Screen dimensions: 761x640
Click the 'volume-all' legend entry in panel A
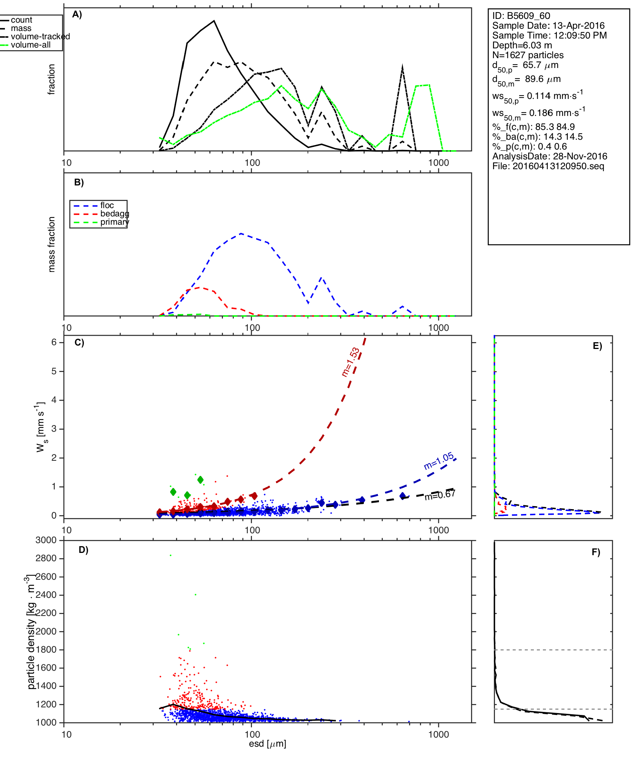(30, 45)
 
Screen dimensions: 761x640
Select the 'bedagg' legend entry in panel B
(114, 214)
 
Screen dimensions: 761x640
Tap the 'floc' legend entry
(107, 205)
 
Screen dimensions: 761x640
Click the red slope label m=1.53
(350, 362)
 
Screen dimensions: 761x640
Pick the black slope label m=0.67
(440, 495)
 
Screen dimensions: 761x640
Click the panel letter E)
(597, 346)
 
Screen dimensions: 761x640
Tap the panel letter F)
(596, 552)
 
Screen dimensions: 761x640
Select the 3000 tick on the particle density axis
(46, 540)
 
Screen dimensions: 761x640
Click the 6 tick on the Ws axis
(54, 342)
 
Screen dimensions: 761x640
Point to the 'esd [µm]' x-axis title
(267, 744)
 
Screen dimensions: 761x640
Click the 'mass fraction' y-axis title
(52, 244)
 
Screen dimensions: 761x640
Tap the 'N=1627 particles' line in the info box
(528, 55)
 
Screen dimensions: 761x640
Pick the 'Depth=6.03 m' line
(522, 45)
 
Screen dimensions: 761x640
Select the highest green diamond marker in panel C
(200, 480)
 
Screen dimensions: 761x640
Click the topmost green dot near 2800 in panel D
(171, 555)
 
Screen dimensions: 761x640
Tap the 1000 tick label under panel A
(439, 163)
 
